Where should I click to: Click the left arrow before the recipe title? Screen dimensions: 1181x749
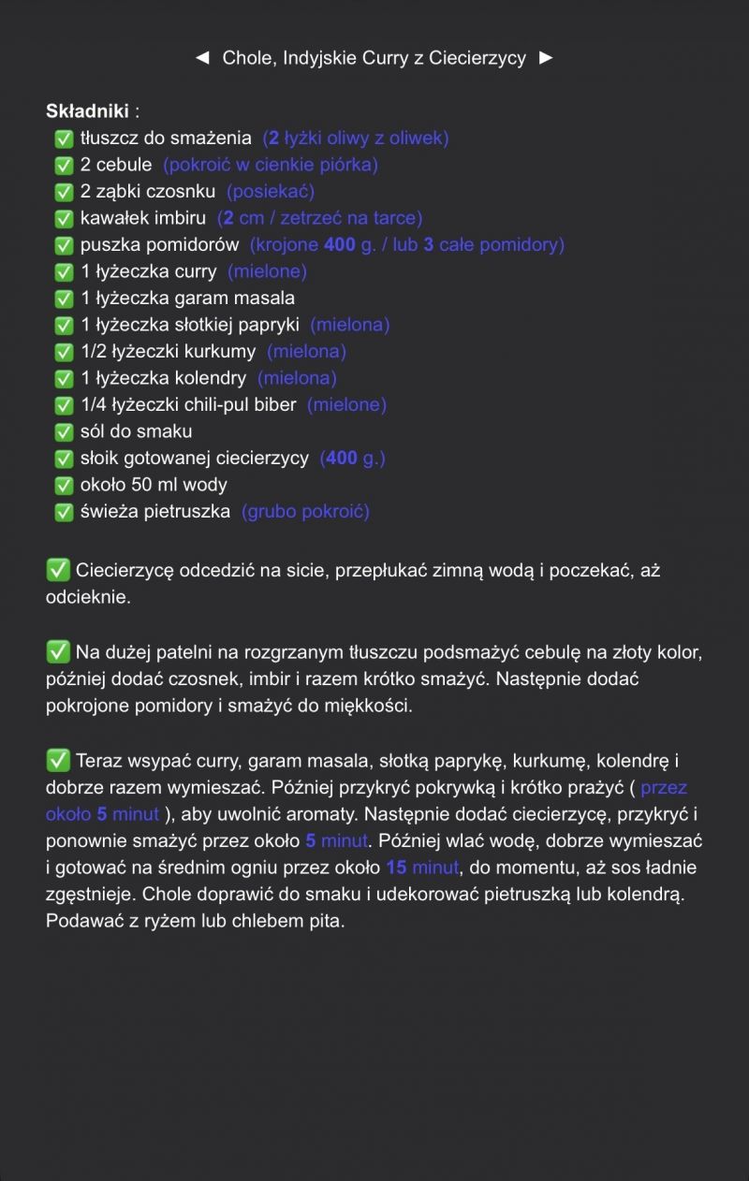[201, 58]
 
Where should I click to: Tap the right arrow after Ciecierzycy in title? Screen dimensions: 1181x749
[547, 58]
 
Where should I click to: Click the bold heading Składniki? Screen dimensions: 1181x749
[87, 111]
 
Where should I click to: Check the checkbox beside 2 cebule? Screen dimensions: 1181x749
[64, 166]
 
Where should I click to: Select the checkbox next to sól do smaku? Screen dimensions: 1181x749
[64, 432]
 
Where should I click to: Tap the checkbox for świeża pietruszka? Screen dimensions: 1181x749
[64, 513]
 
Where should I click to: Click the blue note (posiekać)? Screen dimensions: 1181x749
[271, 192]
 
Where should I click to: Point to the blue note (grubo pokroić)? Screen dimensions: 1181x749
[305, 512]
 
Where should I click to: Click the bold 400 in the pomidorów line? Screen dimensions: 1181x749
[339, 245]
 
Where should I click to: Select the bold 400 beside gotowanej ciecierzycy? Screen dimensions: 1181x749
[342, 459]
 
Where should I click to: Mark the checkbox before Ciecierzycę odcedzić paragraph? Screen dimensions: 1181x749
[58, 570]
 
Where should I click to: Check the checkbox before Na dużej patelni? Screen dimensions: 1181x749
[58, 651]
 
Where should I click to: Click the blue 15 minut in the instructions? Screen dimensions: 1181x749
[422, 868]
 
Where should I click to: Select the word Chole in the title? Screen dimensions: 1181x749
[244, 58]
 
